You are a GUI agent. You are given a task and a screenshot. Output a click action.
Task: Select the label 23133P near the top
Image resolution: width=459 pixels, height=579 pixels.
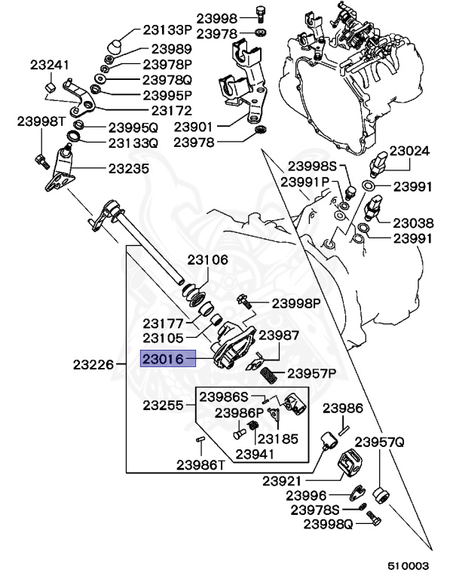coord(167,30)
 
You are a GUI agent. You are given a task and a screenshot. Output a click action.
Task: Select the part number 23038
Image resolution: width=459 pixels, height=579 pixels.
coord(414,222)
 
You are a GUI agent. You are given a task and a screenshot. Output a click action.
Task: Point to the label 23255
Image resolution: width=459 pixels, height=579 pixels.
coord(164,405)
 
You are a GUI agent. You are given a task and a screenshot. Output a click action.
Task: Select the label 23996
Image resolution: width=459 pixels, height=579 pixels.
coord(306,495)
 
